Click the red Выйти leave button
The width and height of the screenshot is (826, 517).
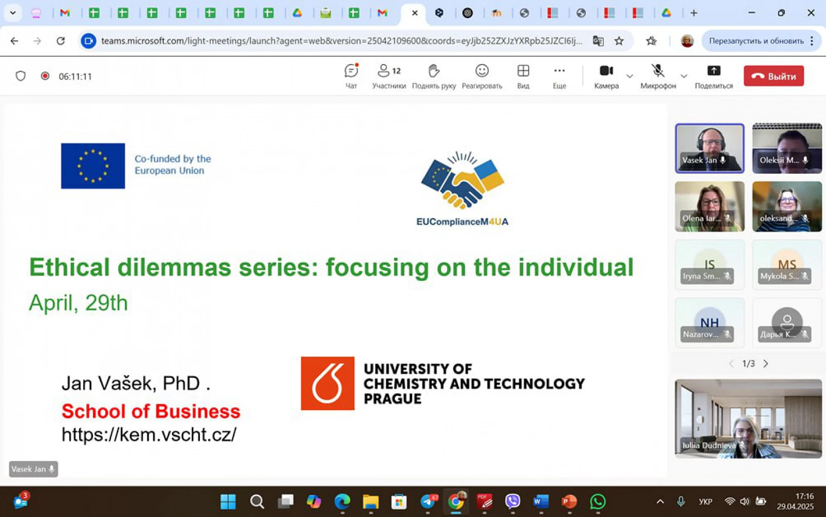tap(773, 76)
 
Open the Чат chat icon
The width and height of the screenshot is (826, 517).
tap(351, 70)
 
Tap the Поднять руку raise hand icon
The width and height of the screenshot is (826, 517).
tap(433, 70)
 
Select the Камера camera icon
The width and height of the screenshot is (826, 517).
tap(606, 70)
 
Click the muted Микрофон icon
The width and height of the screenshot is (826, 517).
tap(658, 70)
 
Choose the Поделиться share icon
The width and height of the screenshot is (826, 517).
tap(714, 70)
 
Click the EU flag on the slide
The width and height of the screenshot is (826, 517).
tap(93, 165)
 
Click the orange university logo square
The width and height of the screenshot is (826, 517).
tap(328, 384)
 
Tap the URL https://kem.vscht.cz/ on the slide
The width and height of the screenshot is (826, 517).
tap(149, 434)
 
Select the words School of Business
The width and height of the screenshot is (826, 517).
tap(151, 411)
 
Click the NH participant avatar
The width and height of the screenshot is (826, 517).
tap(709, 322)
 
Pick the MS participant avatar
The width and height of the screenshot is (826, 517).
tap(787, 264)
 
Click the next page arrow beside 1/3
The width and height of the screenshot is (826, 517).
tap(766, 364)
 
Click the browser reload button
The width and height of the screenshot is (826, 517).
tap(61, 41)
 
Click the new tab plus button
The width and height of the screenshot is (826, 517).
tap(694, 13)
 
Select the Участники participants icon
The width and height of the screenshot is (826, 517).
tap(383, 70)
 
